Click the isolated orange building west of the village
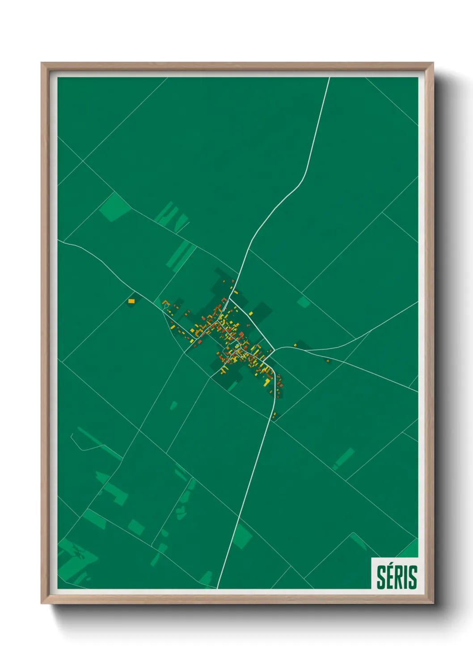131,301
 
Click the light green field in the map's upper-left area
114,206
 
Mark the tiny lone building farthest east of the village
328,361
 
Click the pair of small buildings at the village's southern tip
274,415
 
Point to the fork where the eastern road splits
278,348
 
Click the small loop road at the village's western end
166,306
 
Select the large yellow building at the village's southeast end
267,382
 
